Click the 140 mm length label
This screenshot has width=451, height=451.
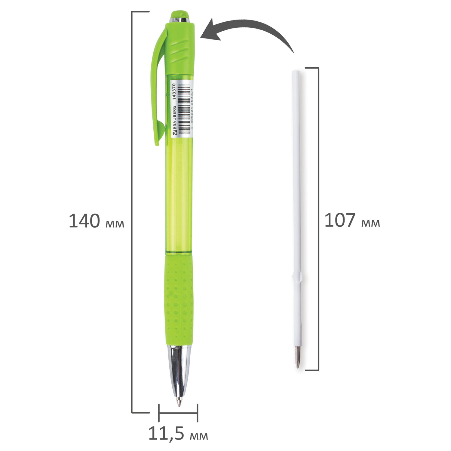pyautogui.click(x=96, y=221)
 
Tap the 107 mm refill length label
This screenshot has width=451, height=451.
pyautogui.click(x=352, y=220)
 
